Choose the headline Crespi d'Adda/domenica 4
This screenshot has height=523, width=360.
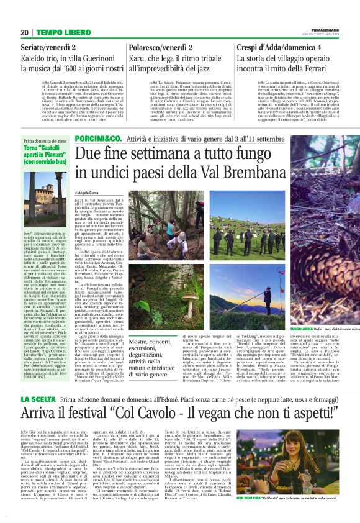click(x=279, y=47)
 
